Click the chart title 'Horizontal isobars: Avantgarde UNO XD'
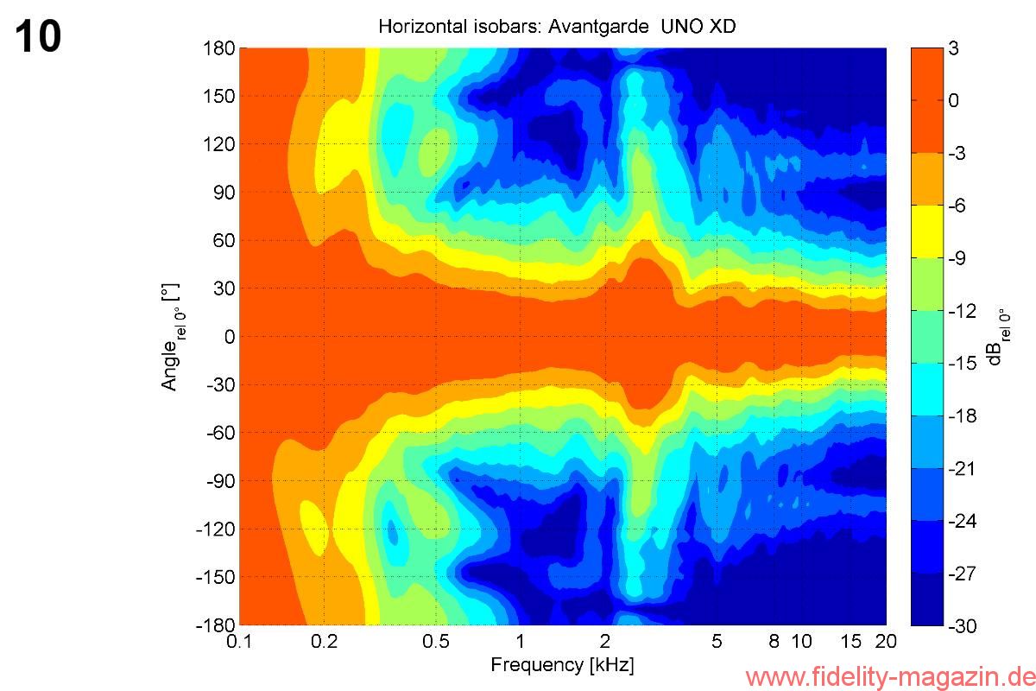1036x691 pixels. [x=557, y=27]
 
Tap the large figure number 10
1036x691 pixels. [x=38, y=37]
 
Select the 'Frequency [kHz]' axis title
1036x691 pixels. [x=562, y=665]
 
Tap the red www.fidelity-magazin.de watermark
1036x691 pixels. [x=889, y=675]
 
